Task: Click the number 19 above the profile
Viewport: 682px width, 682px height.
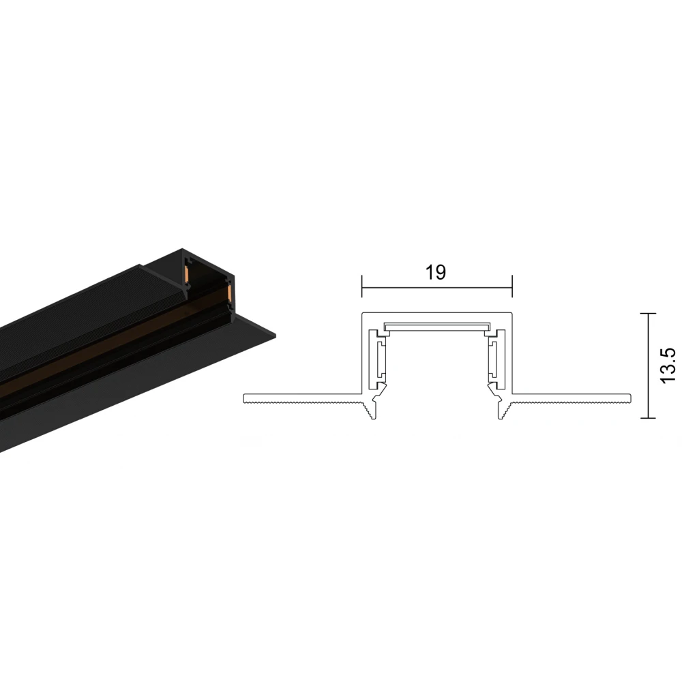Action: click(x=436, y=272)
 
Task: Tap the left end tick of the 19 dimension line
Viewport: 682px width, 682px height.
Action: click(x=361, y=287)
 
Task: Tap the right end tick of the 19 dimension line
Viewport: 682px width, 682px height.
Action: click(x=512, y=287)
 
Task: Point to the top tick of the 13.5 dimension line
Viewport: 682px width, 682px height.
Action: click(x=647, y=313)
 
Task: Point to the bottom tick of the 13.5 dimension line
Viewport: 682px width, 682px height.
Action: click(x=647, y=418)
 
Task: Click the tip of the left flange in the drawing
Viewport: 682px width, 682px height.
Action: click(x=245, y=397)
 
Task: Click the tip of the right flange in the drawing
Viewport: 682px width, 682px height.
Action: click(x=629, y=397)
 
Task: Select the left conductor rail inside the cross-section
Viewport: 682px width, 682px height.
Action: click(x=376, y=355)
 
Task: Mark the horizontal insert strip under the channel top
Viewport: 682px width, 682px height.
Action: click(x=436, y=326)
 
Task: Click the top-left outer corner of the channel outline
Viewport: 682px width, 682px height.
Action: click(x=362, y=314)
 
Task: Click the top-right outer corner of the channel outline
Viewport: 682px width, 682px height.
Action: click(x=511, y=314)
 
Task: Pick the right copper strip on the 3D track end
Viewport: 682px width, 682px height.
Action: click(x=230, y=294)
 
